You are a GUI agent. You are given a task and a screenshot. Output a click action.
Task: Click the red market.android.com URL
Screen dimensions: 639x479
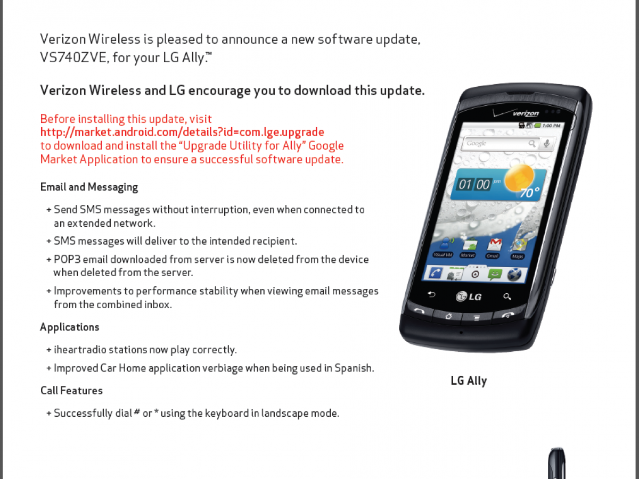[182, 132]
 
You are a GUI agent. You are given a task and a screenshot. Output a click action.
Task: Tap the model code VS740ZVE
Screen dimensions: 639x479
[74, 57]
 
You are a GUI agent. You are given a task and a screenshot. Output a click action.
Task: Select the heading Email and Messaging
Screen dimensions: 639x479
[89, 187]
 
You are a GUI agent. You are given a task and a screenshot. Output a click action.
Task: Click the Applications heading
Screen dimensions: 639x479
[70, 327]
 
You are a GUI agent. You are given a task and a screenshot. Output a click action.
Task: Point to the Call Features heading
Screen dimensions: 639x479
[71, 391]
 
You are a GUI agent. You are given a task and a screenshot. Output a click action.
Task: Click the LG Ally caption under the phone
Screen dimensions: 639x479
[469, 381]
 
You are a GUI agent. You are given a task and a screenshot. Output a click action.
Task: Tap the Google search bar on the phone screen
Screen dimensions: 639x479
[501, 143]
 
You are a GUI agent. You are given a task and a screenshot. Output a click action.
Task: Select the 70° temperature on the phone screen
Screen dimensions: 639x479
[529, 193]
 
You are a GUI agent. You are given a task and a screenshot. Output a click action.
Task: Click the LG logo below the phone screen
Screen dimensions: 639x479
[469, 296]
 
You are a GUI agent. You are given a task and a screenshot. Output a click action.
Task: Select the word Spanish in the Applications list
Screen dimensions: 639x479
[354, 368]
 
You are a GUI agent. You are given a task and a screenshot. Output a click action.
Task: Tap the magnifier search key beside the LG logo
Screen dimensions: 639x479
[507, 296]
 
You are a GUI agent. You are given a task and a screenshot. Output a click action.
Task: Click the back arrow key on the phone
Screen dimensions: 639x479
[431, 294]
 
